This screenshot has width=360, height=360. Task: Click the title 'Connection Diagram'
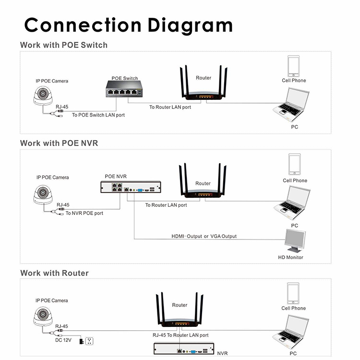click(x=128, y=25)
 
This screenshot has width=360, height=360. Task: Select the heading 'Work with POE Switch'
click(x=63, y=45)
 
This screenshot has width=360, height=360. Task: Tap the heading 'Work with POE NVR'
click(x=59, y=143)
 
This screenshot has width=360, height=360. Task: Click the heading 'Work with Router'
click(x=54, y=273)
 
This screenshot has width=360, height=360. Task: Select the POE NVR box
click(x=130, y=188)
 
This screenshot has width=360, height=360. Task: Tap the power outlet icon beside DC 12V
click(x=88, y=341)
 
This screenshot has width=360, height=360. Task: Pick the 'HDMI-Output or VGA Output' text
click(x=204, y=236)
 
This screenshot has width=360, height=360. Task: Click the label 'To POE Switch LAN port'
click(x=98, y=115)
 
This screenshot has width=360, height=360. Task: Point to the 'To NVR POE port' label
click(x=84, y=213)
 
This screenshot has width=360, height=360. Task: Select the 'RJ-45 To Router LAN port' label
click(x=180, y=335)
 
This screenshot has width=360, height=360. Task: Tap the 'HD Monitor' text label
click(x=290, y=257)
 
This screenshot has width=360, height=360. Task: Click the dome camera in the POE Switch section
click(x=44, y=95)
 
